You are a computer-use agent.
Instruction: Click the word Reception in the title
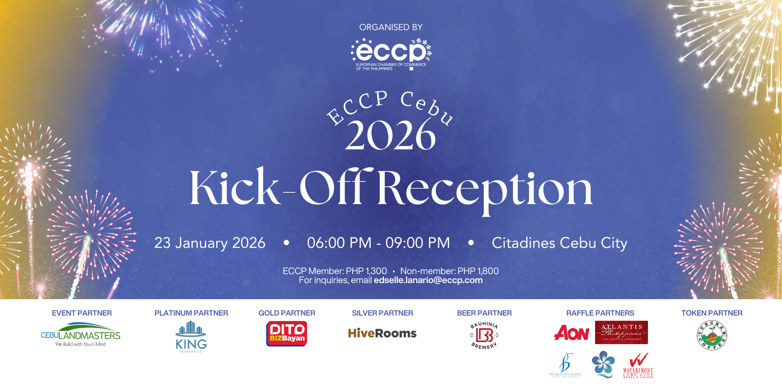click(x=484, y=189)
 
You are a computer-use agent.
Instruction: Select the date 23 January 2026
click(x=210, y=243)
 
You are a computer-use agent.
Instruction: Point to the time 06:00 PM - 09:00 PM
click(x=378, y=243)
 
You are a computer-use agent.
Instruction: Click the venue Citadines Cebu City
click(x=559, y=243)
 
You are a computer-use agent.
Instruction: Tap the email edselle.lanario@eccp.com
click(x=428, y=280)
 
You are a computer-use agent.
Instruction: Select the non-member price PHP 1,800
click(x=478, y=271)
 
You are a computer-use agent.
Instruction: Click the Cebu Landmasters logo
click(x=81, y=334)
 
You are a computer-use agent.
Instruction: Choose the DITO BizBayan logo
click(x=287, y=334)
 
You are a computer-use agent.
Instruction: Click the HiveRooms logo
click(x=382, y=334)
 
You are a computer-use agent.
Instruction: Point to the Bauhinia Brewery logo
click(x=484, y=335)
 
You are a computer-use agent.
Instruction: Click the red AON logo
click(x=571, y=333)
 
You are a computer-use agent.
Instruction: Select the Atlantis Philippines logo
click(x=621, y=332)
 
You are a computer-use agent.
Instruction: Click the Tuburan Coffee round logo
click(x=712, y=335)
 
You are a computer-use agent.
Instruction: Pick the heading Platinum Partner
click(x=191, y=313)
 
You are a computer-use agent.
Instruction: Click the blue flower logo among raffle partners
click(x=603, y=364)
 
